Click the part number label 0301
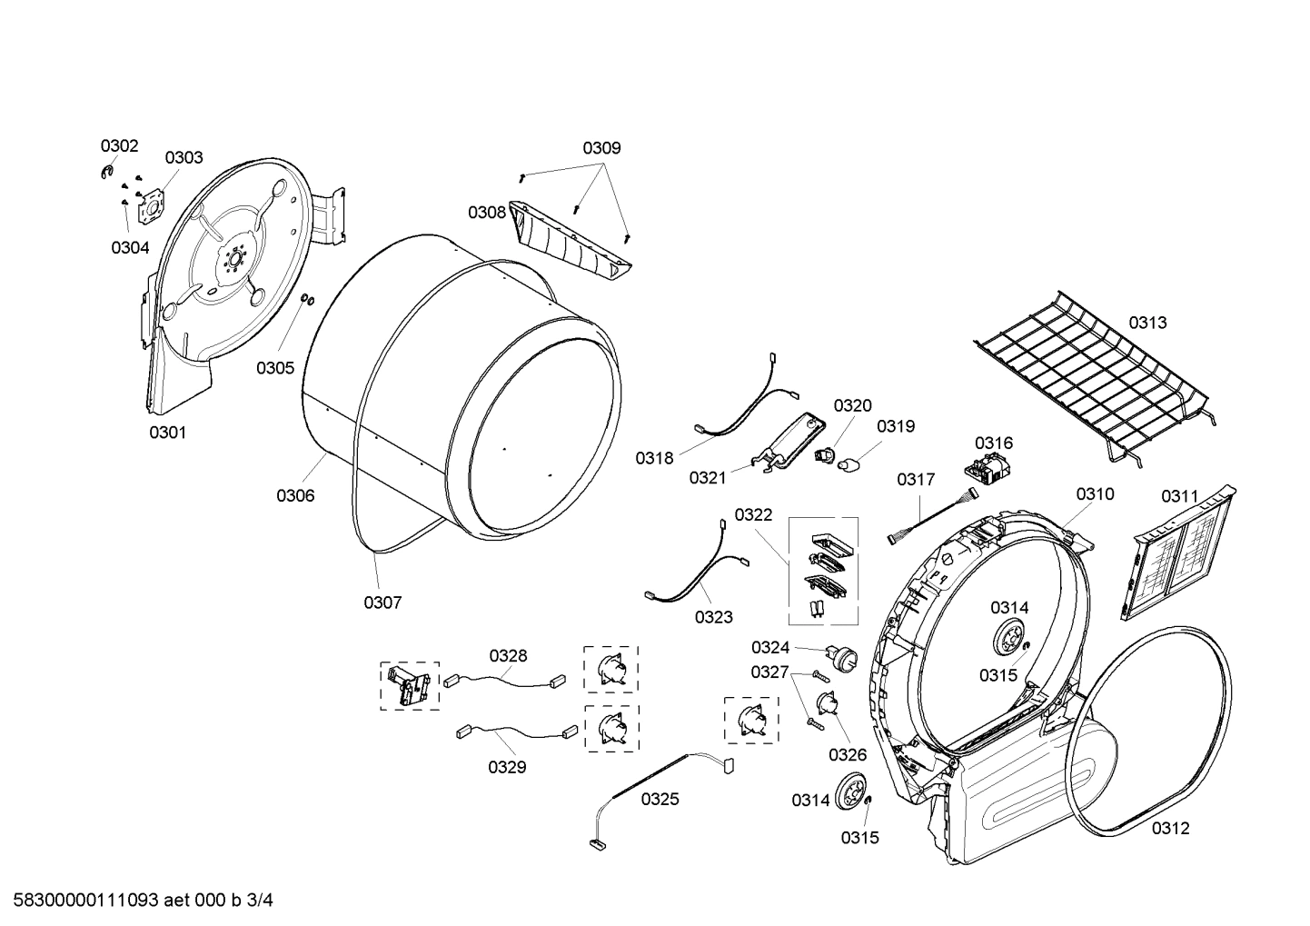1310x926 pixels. (x=167, y=433)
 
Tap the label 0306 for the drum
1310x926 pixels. (x=295, y=495)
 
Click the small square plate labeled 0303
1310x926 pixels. (x=150, y=207)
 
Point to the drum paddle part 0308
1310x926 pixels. (x=570, y=241)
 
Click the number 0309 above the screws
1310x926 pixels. (x=601, y=148)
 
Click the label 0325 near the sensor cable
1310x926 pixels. (x=660, y=799)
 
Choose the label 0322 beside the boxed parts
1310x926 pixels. (x=753, y=515)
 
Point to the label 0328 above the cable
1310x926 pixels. (x=508, y=655)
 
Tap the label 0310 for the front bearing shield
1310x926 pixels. (x=1095, y=493)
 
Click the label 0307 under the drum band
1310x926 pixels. (x=382, y=602)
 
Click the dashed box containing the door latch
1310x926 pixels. (x=409, y=685)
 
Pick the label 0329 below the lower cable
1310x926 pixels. (x=507, y=767)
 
